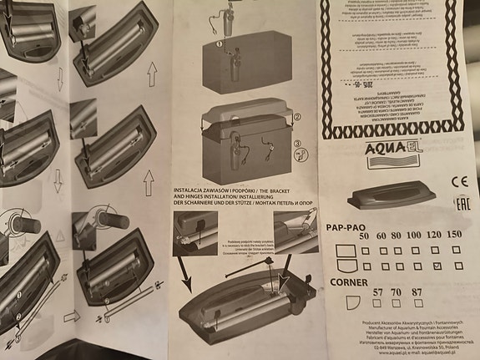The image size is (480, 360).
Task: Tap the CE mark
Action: (457, 180)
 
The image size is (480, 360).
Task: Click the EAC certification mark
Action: (457, 203)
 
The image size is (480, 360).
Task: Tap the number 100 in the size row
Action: (412, 235)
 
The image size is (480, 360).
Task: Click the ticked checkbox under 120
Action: (438, 266)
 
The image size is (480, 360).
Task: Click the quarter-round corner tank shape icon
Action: (336, 306)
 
